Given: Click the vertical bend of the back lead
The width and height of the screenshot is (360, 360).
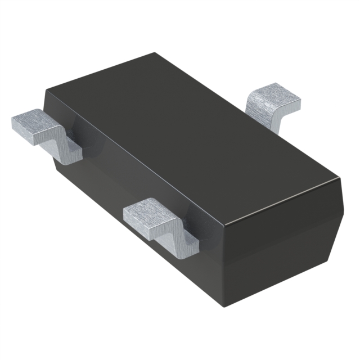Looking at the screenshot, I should pyautogui.click(x=276, y=118).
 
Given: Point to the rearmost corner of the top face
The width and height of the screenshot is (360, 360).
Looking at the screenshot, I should pyautogui.click(x=155, y=53).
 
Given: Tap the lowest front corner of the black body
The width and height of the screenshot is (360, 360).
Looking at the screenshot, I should pyautogui.click(x=227, y=307).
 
